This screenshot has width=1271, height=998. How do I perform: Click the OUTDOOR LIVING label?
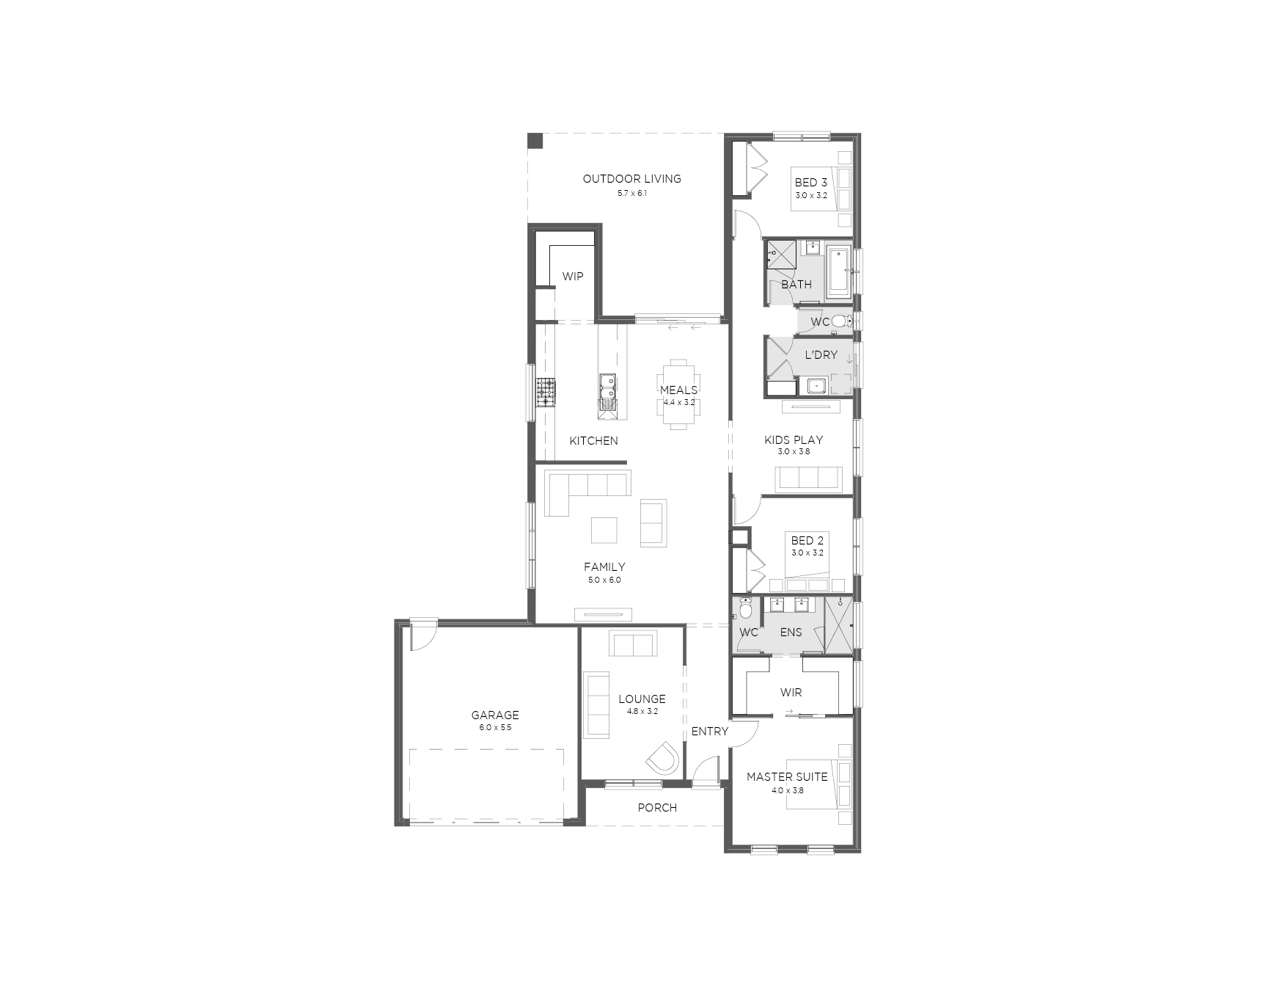[x=631, y=178]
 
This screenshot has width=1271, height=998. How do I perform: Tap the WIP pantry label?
[x=573, y=277]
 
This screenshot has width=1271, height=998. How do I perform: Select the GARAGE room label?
[x=495, y=715]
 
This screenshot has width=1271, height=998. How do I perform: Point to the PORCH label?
[x=657, y=808]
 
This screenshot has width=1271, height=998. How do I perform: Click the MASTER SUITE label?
[x=787, y=776]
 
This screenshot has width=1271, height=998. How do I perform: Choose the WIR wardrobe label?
[x=791, y=692]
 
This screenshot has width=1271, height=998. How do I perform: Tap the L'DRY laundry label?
[x=821, y=355]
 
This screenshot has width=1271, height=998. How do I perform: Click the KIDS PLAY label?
[x=794, y=440]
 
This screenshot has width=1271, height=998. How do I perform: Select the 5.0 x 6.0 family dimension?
[x=604, y=580]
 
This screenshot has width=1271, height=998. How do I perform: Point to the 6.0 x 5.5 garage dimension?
[x=495, y=728]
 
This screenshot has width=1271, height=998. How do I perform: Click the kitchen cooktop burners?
[x=545, y=392]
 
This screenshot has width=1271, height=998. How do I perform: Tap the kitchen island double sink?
[x=607, y=390]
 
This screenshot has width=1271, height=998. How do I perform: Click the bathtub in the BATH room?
[x=839, y=272]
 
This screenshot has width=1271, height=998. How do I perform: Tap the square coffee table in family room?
[x=604, y=530]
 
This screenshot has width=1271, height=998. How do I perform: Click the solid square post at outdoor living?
[x=535, y=140]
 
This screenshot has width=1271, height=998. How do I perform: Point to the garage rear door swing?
[x=423, y=635]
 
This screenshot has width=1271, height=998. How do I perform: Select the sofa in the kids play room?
[x=807, y=478]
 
